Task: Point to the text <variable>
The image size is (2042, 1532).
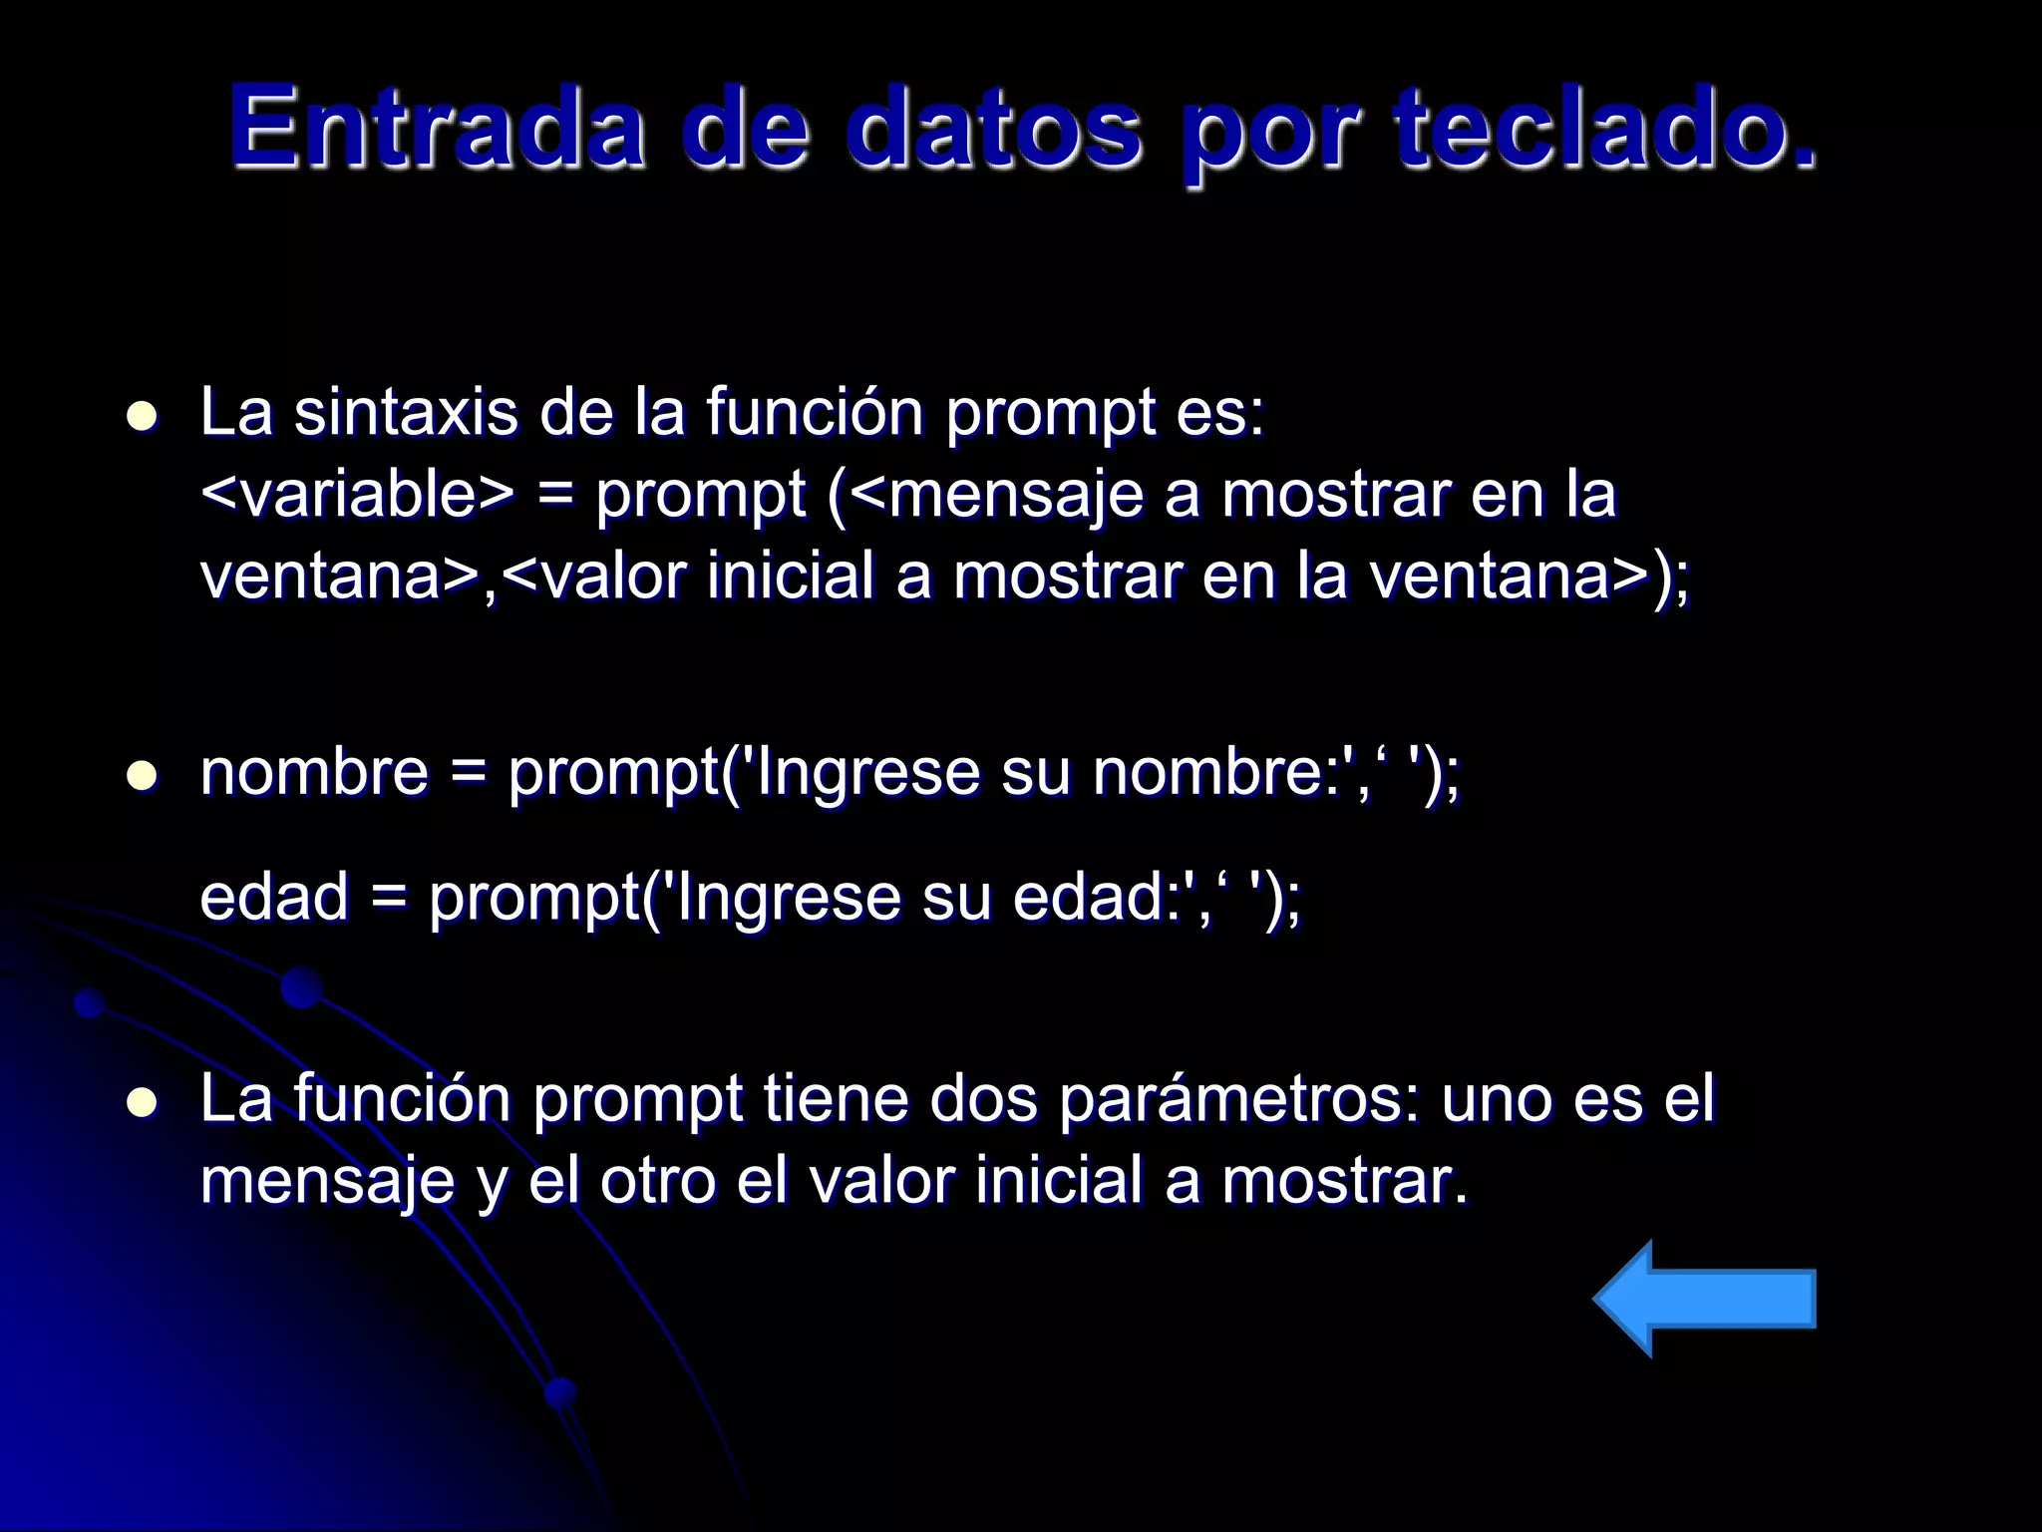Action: [x=358, y=494]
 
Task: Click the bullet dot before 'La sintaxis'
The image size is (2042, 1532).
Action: [x=145, y=417]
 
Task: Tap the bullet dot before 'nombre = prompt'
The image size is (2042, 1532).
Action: [x=145, y=776]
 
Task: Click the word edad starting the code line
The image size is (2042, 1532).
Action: [x=274, y=896]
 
